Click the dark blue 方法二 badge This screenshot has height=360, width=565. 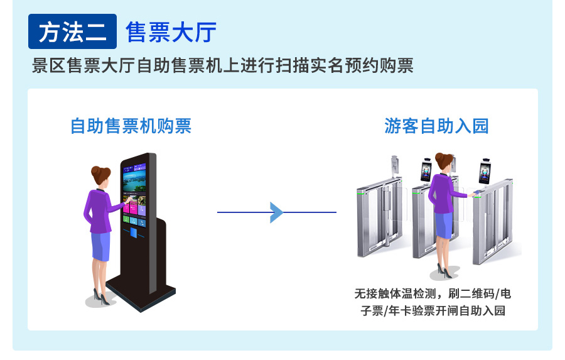tap(72, 32)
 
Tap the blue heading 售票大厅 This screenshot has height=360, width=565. tap(171, 32)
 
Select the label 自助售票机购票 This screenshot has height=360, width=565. tap(131, 126)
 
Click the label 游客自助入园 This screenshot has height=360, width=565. tap(436, 126)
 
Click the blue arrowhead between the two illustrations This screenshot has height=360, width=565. tap(276, 212)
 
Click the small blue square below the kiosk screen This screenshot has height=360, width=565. tap(134, 233)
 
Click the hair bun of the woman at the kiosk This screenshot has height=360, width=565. tap(96, 170)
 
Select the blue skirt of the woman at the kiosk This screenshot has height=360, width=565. tap(100, 246)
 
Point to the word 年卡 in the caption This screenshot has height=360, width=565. tap(409, 310)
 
